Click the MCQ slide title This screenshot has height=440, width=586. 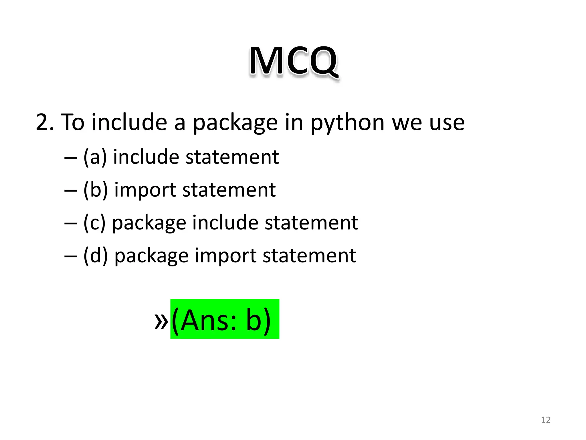pyautogui.click(x=293, y=62)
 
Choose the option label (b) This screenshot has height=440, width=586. pyautogui.click(x=96, y=190)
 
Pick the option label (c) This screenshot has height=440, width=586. pyautogui.click(x=94, y=223)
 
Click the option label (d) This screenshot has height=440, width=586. pyautogui.click(x=96, y=255)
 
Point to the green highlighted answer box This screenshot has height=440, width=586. pyautogui.click(x=225, y=319)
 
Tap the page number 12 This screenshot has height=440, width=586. pyautogui.click(x=546, y=420)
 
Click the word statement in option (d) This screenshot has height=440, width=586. pyautogui.click(x=309, y=256)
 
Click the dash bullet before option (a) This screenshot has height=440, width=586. pyautogui.click(x=71, y=158)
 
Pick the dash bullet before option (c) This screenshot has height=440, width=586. pyautogui.click(x=71, y=223)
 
